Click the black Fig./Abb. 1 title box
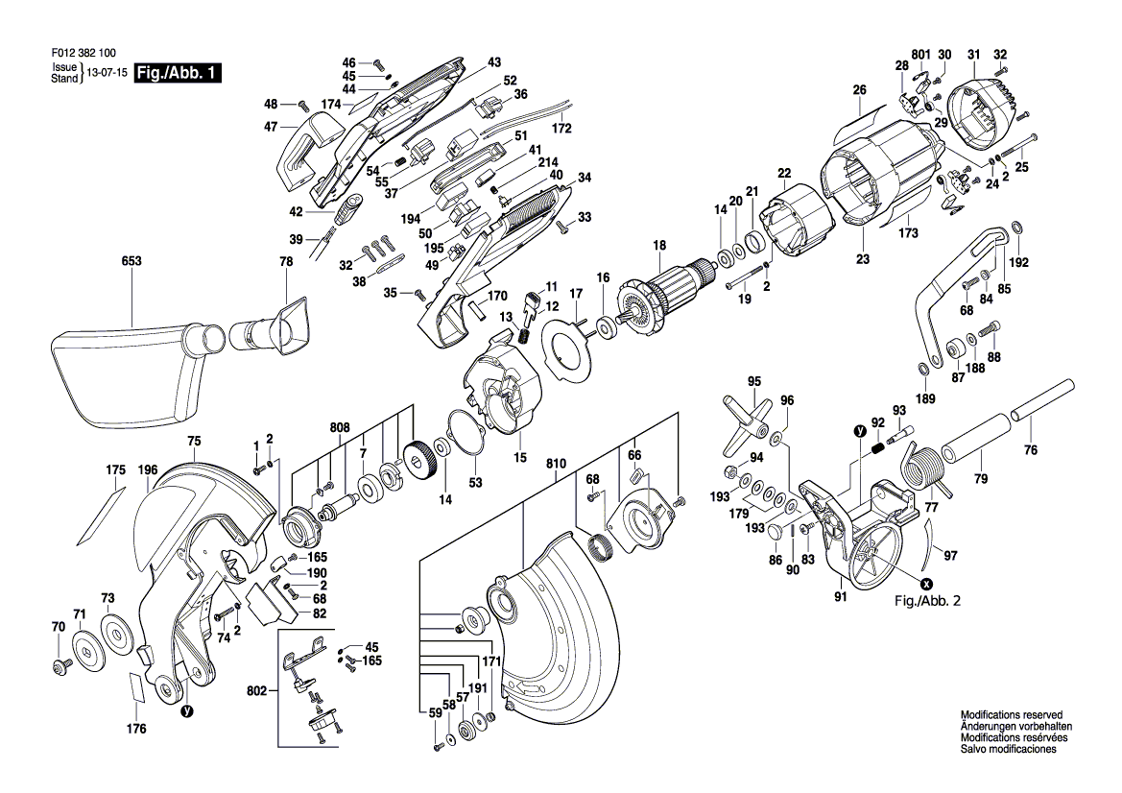pos(178,72)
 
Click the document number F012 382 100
pos(83,53)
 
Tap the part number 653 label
pos(131,261)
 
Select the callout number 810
pos(556,464)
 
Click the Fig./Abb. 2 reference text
pos(928,600)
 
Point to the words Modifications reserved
pos(1011,715)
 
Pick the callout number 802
pos(257,691)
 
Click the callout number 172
pos(561,128)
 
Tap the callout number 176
pos(136,729)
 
